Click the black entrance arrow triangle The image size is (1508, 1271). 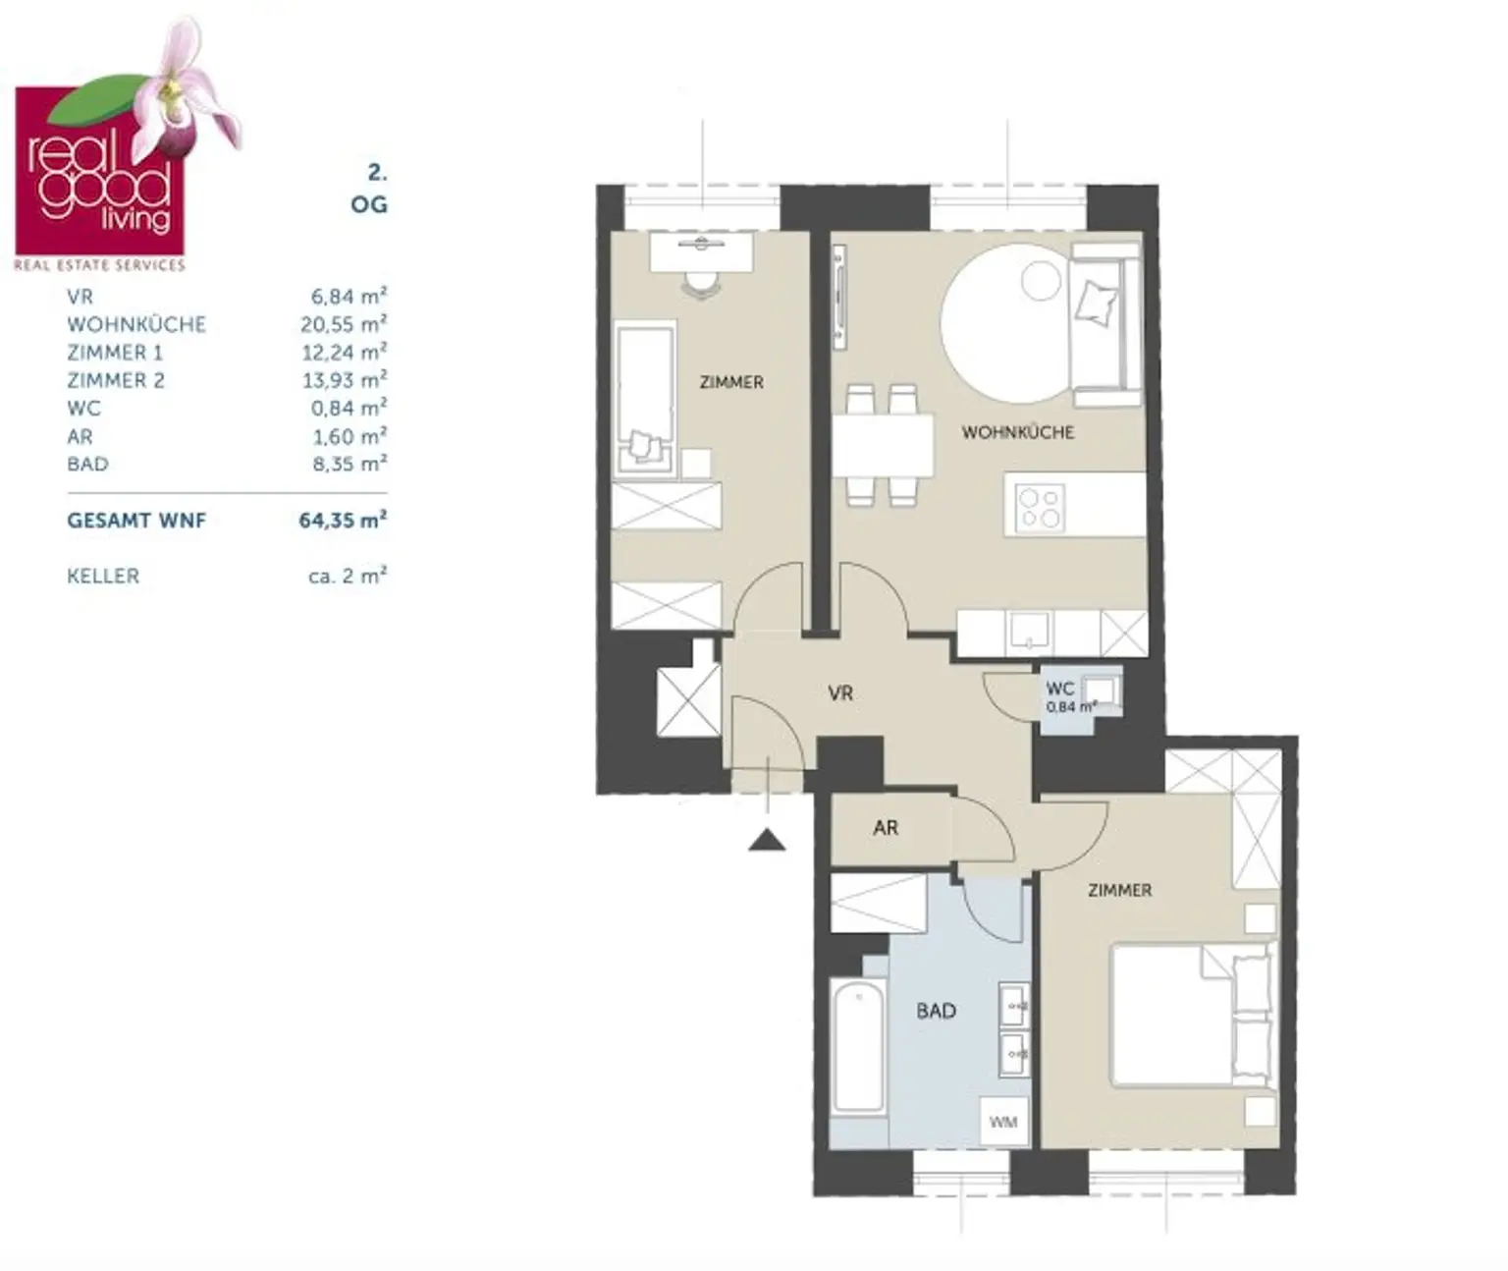click(767, 841)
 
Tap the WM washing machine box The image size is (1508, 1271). click(1003, 1122)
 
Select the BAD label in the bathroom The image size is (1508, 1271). click(936, 1011)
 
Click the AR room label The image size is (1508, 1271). click(886, 828)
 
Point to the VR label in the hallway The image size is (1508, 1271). click(840, 693)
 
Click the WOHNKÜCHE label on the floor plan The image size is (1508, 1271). click(1018, 433)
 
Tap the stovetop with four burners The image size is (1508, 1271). click(1040, 507)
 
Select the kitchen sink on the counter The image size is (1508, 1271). click(1028, 633)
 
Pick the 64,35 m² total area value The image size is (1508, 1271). click(343, 521)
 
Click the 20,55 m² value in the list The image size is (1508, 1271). click(344, 324)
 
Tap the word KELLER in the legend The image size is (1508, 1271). click(103, 576)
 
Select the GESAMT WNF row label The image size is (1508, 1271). click(136, 521)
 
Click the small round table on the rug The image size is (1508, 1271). click(1041, 280)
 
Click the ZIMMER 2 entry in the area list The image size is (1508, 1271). click(116, 380)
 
